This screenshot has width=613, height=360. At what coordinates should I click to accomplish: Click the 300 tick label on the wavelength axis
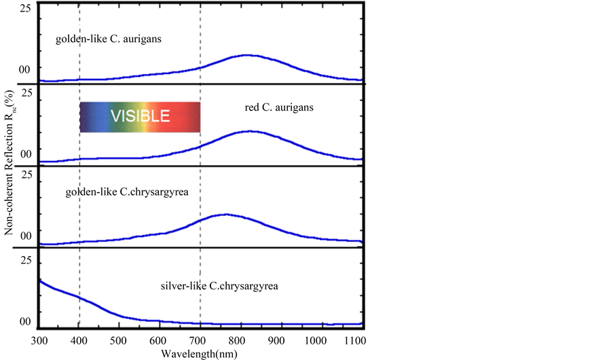(x=39, y=340)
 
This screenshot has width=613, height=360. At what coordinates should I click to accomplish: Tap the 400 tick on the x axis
(x=79, y=340)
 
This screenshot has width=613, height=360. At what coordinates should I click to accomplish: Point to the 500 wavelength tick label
(x=119, y=340)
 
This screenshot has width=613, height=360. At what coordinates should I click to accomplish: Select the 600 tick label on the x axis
(x=159, y=340)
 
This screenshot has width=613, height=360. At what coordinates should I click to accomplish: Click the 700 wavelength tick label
(x=200, y=340)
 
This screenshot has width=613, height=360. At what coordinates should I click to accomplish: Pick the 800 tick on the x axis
(x=240, y=340)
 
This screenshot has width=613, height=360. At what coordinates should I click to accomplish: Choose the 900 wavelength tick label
(x=280, y=340)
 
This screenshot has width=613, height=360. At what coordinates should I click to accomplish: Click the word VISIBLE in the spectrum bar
(x=140, y=116)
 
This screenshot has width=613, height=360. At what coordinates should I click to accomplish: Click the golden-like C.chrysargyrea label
(x=126, y=192)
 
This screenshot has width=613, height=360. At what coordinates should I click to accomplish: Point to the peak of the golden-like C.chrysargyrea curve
(x=225, y=215)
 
